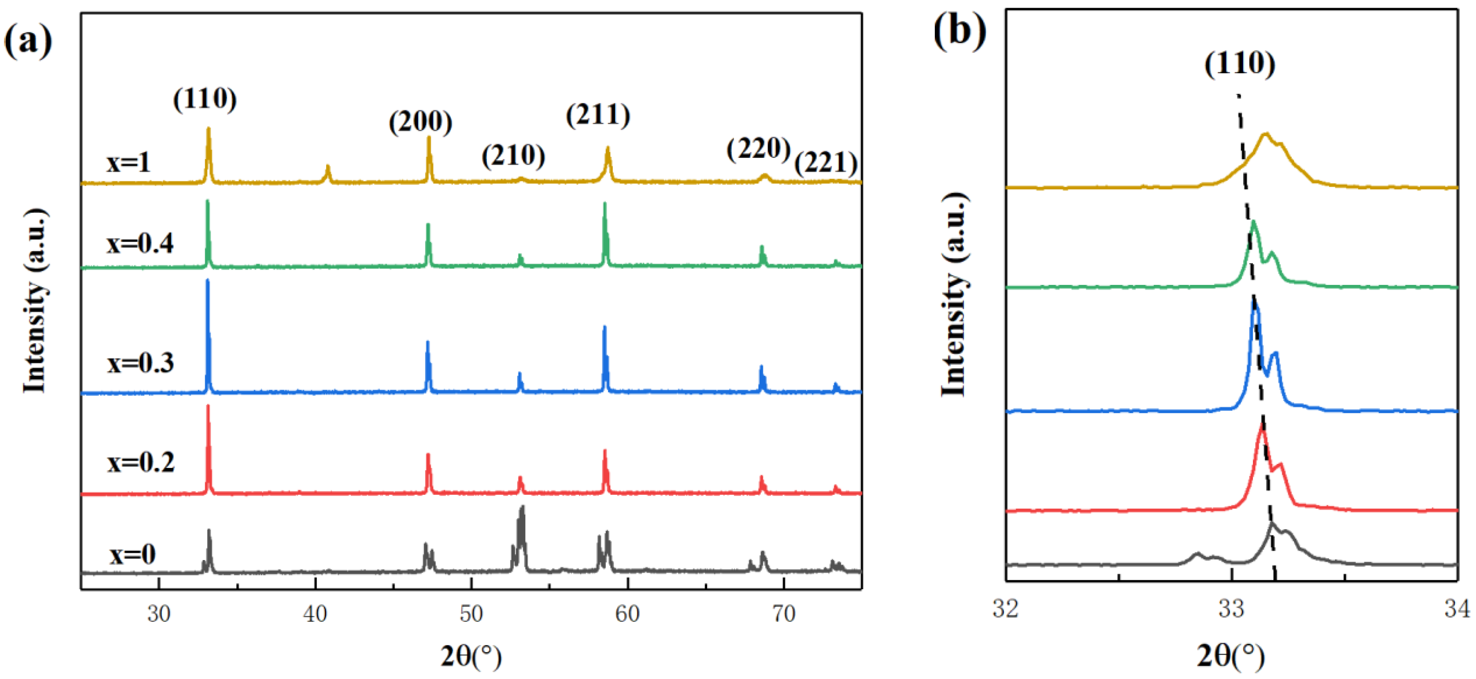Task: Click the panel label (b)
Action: (960, 31)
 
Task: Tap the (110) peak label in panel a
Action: (205, 99)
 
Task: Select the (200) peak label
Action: (420, 121)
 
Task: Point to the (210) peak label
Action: (513, 155)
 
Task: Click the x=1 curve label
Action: (128, 162)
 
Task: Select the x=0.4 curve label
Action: (140, 244)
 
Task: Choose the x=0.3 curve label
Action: (140, 363)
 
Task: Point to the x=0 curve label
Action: (132, 554)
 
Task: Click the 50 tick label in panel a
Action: (471, 614)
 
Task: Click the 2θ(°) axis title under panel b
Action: (1230, 657)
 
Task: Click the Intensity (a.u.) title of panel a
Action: (34, 301)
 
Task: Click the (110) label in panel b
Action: (1239, 63)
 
